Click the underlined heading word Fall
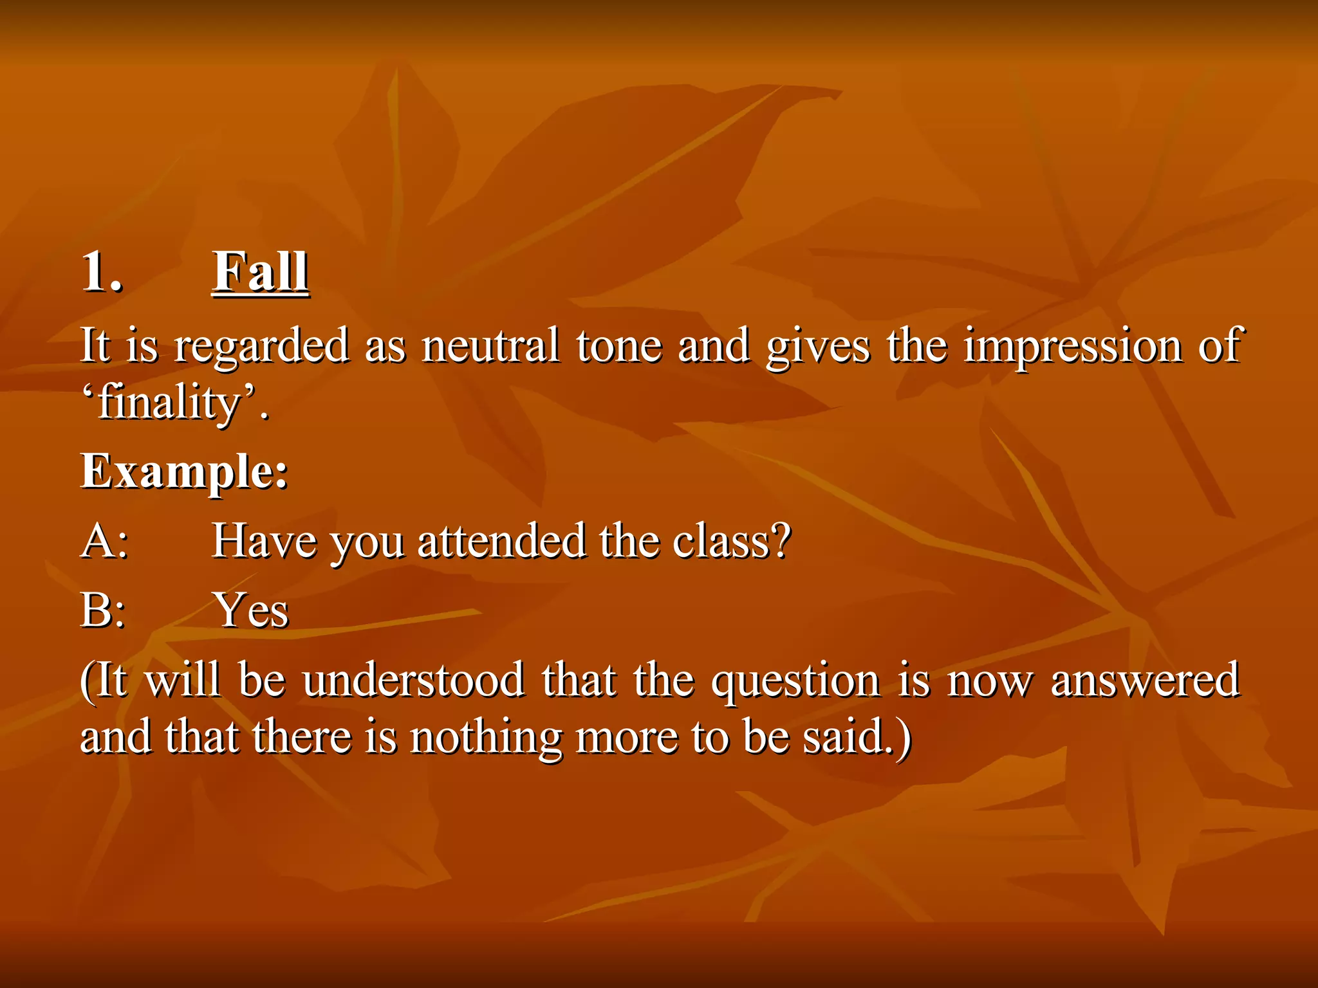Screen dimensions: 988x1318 click(x=260, y=272)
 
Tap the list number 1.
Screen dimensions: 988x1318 click(x=102, y=272)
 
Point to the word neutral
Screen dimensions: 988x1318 click(x=490, y=346)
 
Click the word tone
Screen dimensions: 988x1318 click(x=618, y=346)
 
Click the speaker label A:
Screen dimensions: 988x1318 click(x=104, y=541)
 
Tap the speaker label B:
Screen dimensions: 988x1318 click(x=103, y=610)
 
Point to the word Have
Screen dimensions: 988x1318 click(x=264, y=541)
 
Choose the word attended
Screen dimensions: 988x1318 click(x=501, y=541)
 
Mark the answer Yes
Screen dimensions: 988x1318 click(x=252, y=610)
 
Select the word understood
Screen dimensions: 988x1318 click(x=413, y=681)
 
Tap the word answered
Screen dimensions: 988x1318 click(x=1145, y=681)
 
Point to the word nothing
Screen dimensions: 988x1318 click(x=486, y=738)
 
